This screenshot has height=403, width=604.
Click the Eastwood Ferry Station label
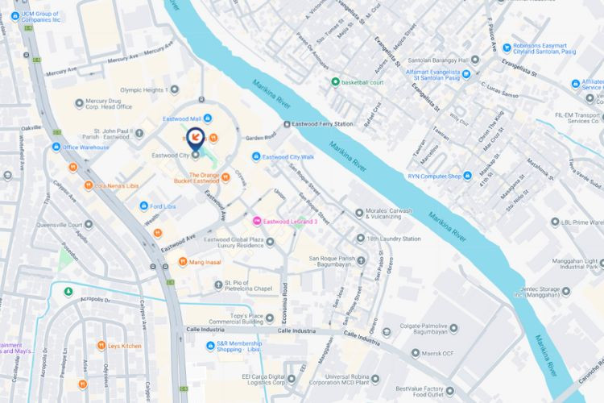pyautogui.click(x=325, y=124)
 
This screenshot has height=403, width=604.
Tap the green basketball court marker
pyautogui.click(x=335, y=81)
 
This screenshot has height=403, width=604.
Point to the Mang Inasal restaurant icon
pyautogui.click(x=183, y=261)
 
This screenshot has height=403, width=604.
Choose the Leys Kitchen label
pyautogui.click(x=125, y=346)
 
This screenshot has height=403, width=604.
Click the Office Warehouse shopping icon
pyautogui.click(x=56, y=147)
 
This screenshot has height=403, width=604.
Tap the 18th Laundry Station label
pyautogui.click(x=394, y=239)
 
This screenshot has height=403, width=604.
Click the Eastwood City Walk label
pyautogui.click(x=293, y=156)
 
